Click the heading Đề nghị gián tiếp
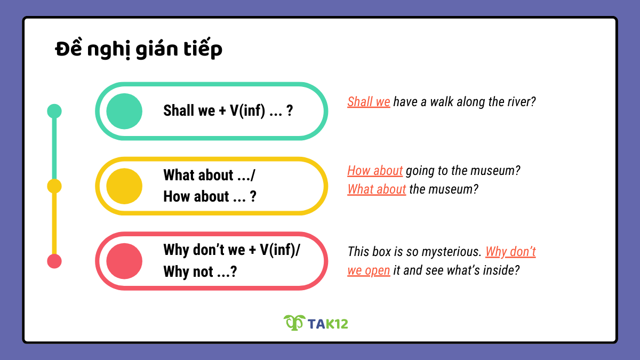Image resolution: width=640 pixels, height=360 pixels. pos(139,49)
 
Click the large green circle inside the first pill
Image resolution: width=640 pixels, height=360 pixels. pos(124,111)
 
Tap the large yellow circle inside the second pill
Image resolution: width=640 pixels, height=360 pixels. pos(124,186)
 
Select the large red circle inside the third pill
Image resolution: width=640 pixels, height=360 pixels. pos(124,261)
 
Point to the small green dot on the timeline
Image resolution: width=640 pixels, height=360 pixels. pos(54,111)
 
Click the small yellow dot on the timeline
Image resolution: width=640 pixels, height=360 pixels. pos(54,186)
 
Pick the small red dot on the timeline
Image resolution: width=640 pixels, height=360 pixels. pos(54,261)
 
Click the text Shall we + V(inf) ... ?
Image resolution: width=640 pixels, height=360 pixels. pos(228,111)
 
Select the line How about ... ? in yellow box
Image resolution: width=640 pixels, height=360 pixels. pos(210,196)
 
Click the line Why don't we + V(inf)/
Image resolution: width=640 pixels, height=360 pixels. pos(231,250)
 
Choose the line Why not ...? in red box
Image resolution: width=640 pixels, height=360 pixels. pos(200,271)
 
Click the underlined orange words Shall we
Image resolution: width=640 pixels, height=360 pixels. pos(369,101)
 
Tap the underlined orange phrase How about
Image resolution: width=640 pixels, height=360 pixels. pos(375,171)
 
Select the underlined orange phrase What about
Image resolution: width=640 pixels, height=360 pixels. pos(377,189)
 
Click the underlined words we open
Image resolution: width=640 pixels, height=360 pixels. pos(369,270)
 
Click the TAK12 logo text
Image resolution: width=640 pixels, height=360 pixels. pos(327,323)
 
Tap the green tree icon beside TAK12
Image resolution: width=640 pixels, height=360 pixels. pos(293,322)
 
